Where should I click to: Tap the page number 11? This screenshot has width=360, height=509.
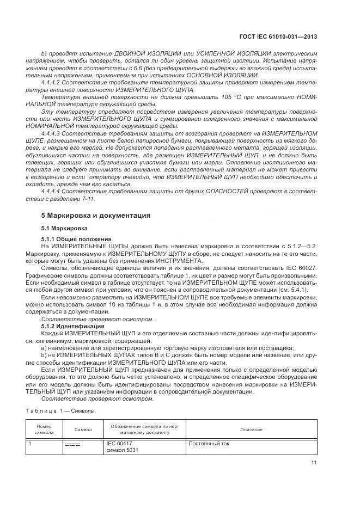[x=314, y=463]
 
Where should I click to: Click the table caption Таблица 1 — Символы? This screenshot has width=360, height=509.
[x=60, y=411]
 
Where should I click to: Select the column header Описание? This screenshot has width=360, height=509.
[x=251, y=430]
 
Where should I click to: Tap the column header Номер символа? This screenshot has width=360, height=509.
[x=44, y=430]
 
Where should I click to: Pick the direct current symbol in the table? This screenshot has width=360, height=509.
[x=72, y=445]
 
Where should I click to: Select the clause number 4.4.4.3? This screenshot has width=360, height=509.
[x=53, y=132]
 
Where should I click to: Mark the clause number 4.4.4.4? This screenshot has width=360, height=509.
[x=53, y=191]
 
